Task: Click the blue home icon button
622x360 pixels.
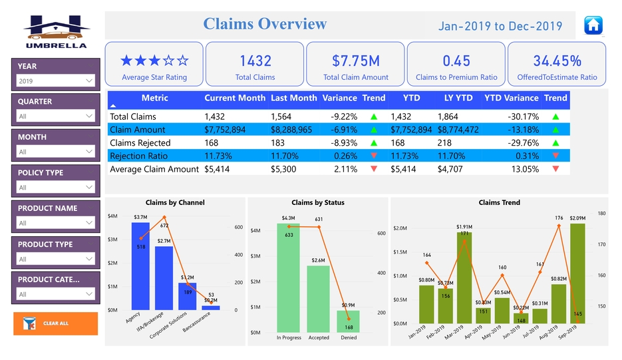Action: click(x=593, y=25)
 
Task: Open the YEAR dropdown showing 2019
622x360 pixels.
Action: click(x=56, y=81)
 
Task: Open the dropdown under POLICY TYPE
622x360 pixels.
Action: click(x=56, y=188)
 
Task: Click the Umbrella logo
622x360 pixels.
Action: click(x=56, y=31)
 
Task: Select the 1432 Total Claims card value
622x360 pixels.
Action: click(x=255, y=61)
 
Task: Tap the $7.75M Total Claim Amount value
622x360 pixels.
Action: click(x=355, y=61)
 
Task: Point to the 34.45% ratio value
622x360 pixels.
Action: click(x=557, y=61)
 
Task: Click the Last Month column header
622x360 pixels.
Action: click(x=293, y=98)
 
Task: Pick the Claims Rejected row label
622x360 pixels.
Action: click(x=140, y=143)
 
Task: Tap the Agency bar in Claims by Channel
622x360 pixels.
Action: click(x=140, y=266)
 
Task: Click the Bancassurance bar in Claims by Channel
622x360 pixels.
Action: click(x=211, y=307)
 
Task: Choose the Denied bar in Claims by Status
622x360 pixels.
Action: click(x=348, y=321)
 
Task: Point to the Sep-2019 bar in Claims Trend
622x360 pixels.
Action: click(x=577, y=273)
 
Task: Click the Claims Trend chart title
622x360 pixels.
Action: click(x=499, y=203)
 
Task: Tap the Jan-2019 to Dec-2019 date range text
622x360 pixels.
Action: click(x=500, y=27)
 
